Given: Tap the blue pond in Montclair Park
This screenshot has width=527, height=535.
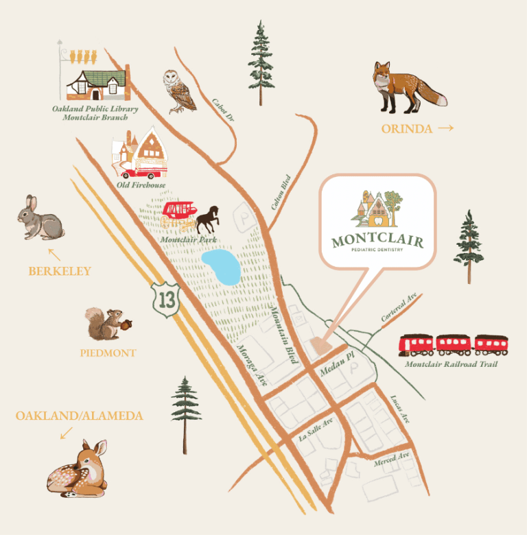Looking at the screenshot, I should click(x=220, y=267).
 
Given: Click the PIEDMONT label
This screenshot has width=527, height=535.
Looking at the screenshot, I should click(x=108, y=353).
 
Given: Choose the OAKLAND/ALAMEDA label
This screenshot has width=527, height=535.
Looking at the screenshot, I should click(x=80, y=416).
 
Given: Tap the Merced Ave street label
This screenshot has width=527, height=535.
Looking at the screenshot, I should click(x=392, y=460).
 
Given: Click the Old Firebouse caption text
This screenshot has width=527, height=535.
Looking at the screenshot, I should click(x=141, y=185).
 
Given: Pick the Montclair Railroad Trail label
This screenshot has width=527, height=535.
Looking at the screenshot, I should click(x=451, y=364).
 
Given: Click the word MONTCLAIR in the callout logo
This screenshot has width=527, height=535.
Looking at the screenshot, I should click(x=377, y=241).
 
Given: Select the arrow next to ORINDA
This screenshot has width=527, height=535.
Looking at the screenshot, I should click(x=445, y=128).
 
